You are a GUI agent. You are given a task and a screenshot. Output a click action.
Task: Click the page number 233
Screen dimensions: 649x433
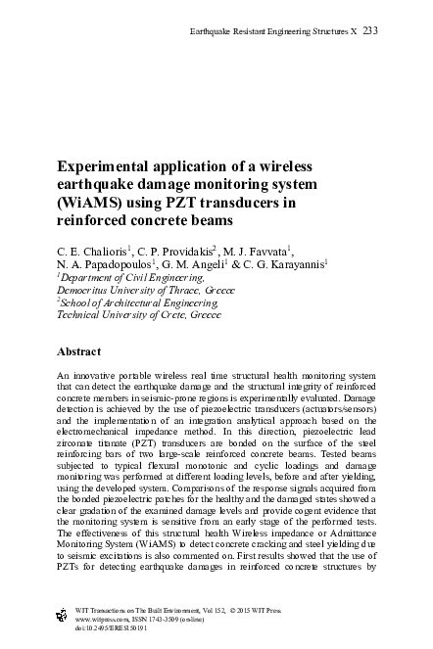369,31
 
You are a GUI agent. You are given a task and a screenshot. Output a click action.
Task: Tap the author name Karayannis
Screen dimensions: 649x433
295,264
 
